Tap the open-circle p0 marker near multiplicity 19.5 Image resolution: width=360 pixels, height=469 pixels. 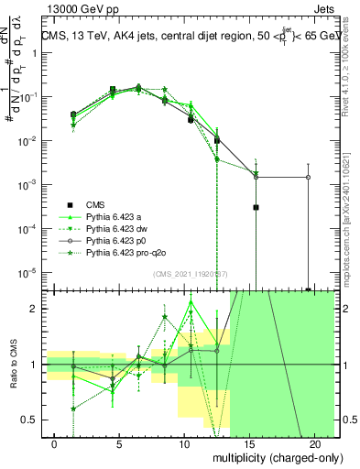308,177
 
